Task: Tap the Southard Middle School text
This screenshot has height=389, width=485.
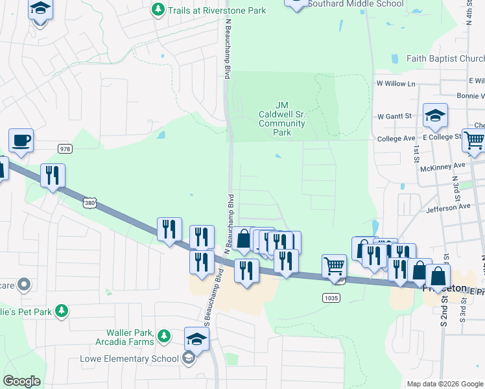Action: tap(355, 4)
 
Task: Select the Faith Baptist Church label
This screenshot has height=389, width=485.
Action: tap(445, 58)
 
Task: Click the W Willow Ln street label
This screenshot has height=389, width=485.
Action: tap(396, 84)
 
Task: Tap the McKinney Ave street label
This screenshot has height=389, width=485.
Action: tap(442, 165)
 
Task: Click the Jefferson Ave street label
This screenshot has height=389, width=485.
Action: tap(448, 208)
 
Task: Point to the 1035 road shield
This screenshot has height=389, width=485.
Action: tap(331, 297)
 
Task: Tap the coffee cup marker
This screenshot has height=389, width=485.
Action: tap(21, 141)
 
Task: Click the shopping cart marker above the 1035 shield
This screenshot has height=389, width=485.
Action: tap(334, 265)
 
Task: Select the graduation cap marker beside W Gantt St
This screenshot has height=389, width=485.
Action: tap(435, 116)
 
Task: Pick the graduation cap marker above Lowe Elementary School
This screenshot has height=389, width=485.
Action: tap(197, 339)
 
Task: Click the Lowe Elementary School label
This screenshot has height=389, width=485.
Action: tap(129, 359)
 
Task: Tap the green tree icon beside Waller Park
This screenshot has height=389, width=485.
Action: tap(165, 335)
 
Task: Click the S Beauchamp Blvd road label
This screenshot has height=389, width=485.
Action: tap(210, 312)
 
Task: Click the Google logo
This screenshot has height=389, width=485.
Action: tap(21, 381)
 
